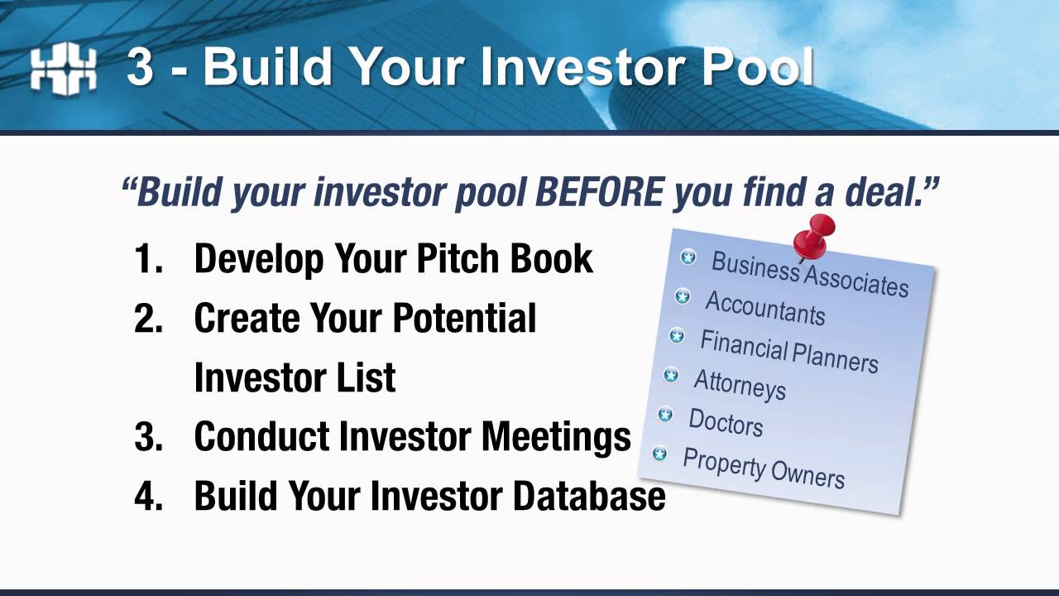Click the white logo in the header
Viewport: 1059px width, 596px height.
[x=63, y=69]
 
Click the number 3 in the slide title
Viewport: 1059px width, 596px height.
[x=141, y=66]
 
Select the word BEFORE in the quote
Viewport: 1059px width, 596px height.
[x=599, y=192]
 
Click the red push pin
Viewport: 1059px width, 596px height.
[x=813, y=236]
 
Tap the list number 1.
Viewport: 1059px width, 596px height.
[x=146, y=259]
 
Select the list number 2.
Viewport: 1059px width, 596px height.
[x=148, y=319]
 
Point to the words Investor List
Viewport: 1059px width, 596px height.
[x=295, y=377]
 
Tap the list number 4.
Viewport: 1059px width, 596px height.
[x=148, y=496]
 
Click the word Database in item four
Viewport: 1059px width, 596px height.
[x=588, y=496]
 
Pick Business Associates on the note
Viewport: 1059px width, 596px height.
[x=809, y=273]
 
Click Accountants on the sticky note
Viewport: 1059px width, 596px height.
[x=764, y=309]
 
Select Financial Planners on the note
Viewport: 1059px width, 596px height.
[x=788, y=351]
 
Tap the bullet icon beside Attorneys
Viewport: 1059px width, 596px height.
[x=671, y=376]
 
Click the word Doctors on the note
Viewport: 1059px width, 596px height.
[x=726, y=422]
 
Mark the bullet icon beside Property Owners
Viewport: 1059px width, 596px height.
[x=659, y=454]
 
